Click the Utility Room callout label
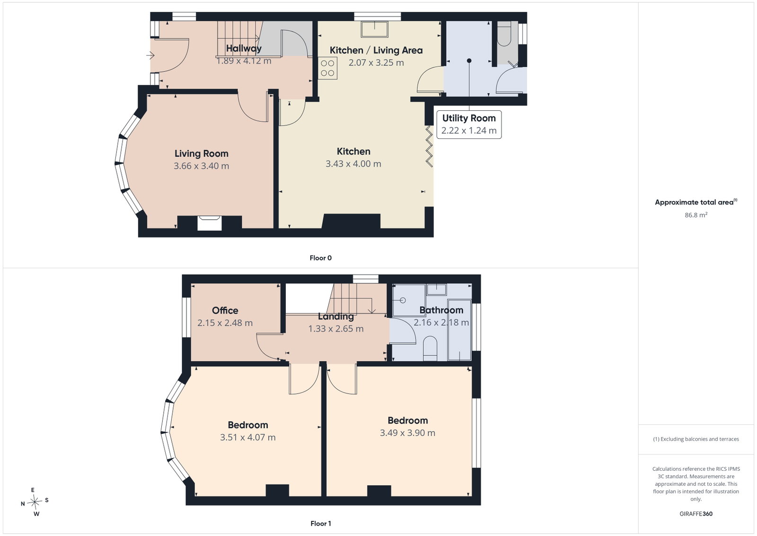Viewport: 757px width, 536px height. tap(469, 125)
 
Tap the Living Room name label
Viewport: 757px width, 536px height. tap(202, 153)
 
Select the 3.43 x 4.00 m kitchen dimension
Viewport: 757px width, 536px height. tap(353, 164)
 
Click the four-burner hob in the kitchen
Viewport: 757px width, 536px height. tap(327, 68)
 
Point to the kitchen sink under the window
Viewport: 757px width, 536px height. tap(374, 29)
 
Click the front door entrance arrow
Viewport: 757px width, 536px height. tap(150, 55)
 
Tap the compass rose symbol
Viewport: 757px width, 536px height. tap(35, 502)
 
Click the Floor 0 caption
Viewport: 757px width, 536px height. tap(321, 258)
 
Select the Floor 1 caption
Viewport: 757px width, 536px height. tap(321, 524)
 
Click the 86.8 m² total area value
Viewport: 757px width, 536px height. tap(696, 215)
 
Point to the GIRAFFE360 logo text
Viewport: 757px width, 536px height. tap(696, 514)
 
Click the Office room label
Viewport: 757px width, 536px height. tap(225, 311)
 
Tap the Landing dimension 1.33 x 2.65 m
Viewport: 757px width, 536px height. tap(336, 329)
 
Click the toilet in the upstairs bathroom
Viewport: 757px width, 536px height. tap(430, 348)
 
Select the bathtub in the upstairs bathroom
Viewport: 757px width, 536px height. tap(459, 330)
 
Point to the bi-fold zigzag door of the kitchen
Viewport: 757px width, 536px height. tap(429, 146)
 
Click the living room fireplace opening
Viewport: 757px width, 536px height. tap(210, 223)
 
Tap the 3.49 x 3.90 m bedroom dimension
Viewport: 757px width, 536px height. tap(407, 433)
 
